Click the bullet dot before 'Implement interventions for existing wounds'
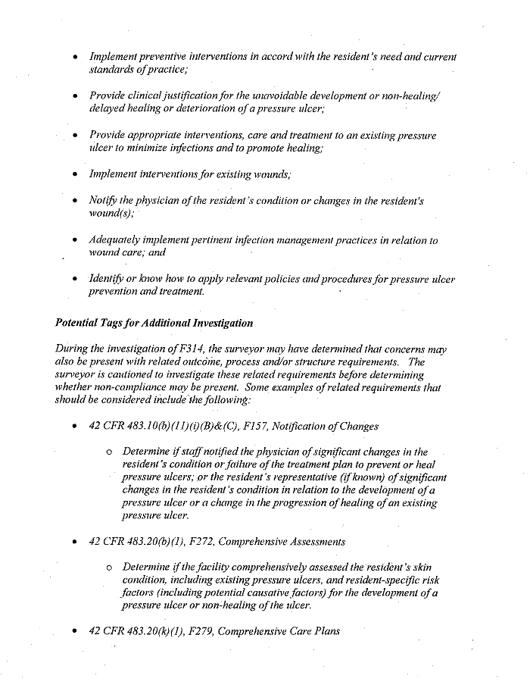(x=75, y=174)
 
